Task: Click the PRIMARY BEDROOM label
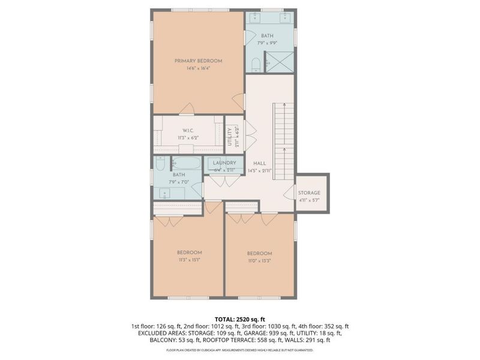(198, 61)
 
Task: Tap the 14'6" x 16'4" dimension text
(198, 68)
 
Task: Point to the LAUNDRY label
(225, 163)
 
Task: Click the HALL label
(260, 163)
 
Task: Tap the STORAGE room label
(309, 193)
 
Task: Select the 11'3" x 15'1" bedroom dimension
(189, 260)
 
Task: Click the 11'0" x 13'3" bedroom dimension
(259, 261)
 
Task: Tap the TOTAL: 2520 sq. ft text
(239, 319)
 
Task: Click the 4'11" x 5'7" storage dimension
(309, 200)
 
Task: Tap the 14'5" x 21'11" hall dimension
(260, 170)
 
